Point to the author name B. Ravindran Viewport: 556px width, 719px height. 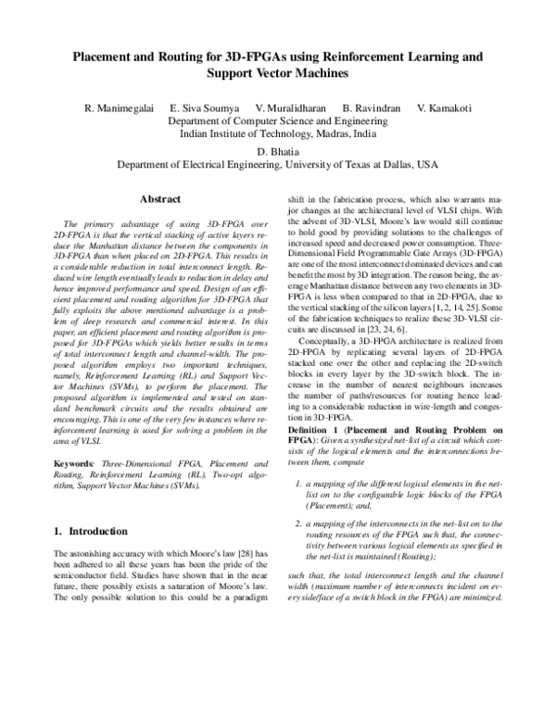(x=372, y=108)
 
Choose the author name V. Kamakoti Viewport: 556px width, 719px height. (x=444, y=108)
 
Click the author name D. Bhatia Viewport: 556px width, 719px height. (x=278, y=151)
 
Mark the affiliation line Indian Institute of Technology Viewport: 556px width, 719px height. (x=277, y=134)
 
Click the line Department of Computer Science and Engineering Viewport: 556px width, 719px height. (x=277, y=121)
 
